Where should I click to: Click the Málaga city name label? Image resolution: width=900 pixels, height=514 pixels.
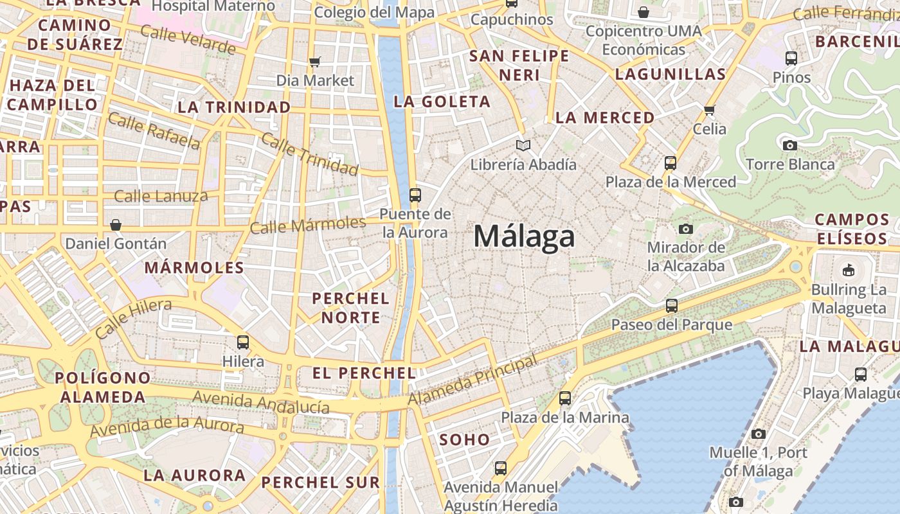tap(524, 236)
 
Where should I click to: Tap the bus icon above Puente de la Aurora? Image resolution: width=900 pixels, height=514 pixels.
tap(415, 195)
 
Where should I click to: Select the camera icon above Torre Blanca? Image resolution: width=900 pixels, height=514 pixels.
tap(790, 145)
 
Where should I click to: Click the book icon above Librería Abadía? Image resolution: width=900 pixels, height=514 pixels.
tap(524, 146)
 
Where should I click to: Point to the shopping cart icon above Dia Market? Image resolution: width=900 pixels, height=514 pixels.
tap(314, 62)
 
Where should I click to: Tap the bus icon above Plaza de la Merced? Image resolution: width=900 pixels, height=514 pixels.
tap(670, 163)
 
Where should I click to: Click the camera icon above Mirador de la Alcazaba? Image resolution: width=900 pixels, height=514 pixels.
tap(686, 229)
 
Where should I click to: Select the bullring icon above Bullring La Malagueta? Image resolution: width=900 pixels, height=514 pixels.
tap(848, 270)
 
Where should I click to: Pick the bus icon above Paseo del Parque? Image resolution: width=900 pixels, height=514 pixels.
tap(672, 306)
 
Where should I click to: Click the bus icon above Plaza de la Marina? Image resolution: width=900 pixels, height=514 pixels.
tap(565, 398)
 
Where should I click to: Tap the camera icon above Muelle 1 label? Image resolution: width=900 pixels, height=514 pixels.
tap(759, 434)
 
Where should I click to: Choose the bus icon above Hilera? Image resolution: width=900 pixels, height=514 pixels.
tap(243, 342)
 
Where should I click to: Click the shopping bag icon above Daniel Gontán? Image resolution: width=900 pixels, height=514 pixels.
tap(116, 225)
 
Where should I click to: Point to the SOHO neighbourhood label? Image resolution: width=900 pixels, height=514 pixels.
tap(464, 440)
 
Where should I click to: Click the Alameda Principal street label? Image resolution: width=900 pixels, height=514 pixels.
tap(473, 380)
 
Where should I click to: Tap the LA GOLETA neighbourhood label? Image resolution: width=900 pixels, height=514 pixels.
tap(442, 102)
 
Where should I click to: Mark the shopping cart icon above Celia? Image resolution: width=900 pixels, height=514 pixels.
tap(710, 110)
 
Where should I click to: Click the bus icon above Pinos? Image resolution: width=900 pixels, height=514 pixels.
tap(791, 58)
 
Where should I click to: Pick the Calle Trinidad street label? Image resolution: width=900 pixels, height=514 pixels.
tap(309, 155)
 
